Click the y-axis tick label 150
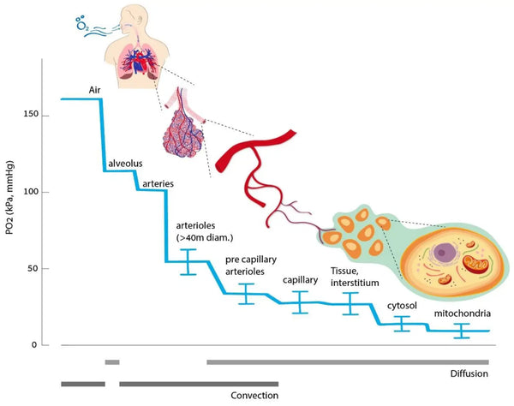coord(33,114)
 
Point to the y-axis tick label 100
coord(33,192)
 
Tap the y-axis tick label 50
coord(35,269)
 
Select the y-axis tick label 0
coord(38,345)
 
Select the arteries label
coord(156,182)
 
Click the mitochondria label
coord(462,313)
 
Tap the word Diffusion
coord(469,374)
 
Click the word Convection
coord(254,396)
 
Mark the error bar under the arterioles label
coord(188,261)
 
